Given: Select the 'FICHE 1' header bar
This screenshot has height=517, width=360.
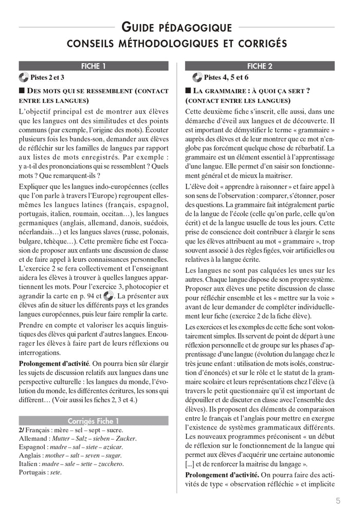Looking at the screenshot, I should [94, 66].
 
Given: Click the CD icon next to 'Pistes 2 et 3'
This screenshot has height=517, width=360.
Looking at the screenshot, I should [24, 78].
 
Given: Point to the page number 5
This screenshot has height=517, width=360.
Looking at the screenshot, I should [337, 501].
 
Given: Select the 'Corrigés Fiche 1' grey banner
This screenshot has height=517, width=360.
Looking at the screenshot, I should [94, 420].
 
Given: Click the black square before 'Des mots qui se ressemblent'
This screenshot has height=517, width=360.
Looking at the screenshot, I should [22, 91].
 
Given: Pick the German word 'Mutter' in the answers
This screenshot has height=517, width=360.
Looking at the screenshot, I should [64, 438].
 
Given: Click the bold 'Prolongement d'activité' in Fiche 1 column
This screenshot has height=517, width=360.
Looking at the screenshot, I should [54, 364].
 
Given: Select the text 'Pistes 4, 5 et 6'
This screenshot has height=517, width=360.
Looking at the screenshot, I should [226, 78].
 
